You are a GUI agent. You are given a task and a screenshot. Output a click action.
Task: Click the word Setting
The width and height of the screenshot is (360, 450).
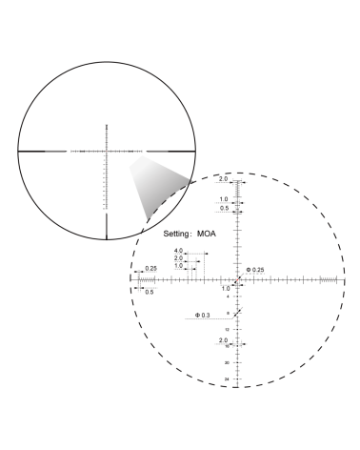(178, 233)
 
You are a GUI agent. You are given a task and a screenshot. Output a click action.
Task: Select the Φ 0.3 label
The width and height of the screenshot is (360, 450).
(203, 314)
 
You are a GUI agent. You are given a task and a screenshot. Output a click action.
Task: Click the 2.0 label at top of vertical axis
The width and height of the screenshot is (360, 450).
(224, 180)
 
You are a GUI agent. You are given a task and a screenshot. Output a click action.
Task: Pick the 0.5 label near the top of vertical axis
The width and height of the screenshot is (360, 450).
(224, 207)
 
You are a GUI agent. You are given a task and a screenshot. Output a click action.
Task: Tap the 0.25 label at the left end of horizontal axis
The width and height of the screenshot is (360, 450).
(150, 269)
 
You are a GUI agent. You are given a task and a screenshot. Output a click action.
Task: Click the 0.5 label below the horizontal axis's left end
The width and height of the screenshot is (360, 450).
(150, 291)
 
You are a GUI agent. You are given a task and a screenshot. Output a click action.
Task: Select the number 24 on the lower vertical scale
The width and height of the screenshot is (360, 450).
(227, 378)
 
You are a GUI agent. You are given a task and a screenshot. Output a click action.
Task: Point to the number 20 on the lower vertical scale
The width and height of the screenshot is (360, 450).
(227, 362)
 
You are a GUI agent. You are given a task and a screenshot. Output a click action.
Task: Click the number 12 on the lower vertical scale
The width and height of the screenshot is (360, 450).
(227, 329)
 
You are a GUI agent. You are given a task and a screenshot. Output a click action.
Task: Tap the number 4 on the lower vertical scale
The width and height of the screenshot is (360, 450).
(227, 297)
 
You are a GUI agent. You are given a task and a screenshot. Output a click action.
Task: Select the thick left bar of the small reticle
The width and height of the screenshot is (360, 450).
(42, 151)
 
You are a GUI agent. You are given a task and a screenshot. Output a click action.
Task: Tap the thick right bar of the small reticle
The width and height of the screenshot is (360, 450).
(171, 151)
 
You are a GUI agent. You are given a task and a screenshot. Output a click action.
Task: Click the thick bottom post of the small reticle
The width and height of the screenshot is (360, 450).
(107, 225)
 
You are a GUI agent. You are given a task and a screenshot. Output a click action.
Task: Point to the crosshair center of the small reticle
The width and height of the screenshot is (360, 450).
(107, 151)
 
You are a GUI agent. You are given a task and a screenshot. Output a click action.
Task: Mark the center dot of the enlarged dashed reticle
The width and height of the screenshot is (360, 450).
(238, 279)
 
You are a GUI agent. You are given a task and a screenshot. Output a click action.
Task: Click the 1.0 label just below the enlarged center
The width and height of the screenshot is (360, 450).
(225, 287)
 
